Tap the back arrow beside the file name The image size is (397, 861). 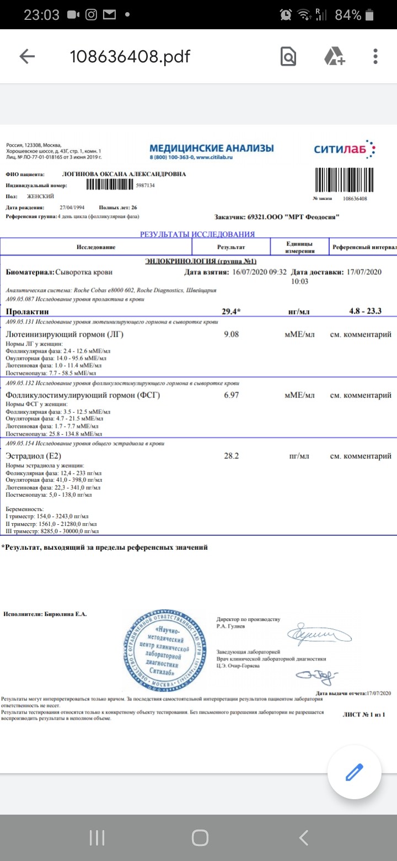coord(27,56)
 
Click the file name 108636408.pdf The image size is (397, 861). coord(130,56)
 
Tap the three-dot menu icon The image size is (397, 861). coord(375,56)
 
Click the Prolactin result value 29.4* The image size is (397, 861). coord(231,311)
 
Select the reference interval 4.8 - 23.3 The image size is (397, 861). coord(365,311)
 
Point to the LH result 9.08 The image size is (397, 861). coord(231,334)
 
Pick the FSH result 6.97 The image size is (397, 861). coord(231,395)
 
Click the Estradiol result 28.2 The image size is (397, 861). coord(231,456)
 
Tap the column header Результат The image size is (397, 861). coord(231,247)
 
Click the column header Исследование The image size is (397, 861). coord(96,247)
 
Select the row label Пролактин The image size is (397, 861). coord(24,311)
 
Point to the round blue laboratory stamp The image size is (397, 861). coord(165,647)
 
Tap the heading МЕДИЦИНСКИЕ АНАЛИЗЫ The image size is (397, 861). coord(211,148)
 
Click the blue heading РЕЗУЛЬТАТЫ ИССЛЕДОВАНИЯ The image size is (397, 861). coord(197,234)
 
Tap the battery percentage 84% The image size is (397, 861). coord(348,15)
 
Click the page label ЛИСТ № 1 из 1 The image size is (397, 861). coord(363,715)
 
